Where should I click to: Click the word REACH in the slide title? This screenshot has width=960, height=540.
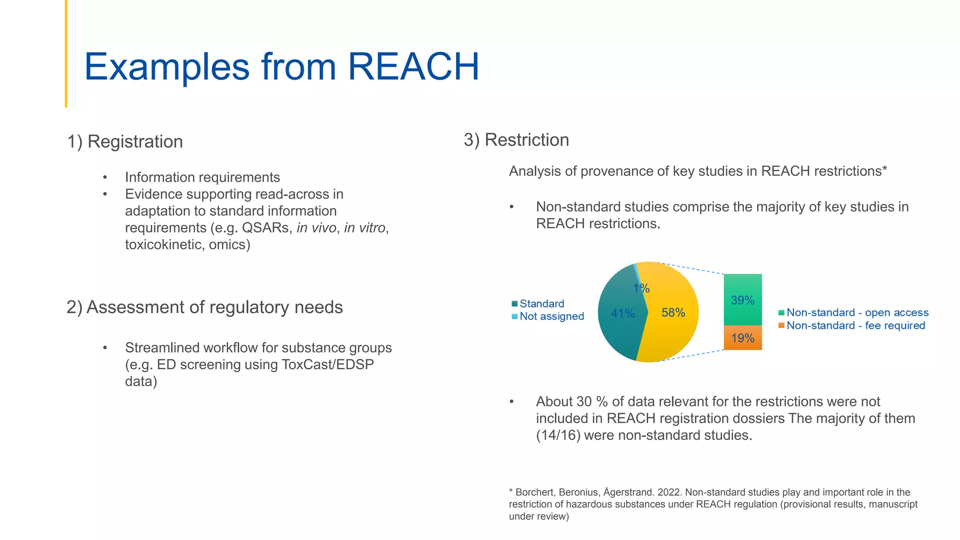click(413, 67)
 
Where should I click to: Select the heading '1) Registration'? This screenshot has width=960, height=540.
click(125, 142)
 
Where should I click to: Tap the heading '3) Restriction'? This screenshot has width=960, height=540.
click(516, 140)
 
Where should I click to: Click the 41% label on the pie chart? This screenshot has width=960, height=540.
click(622, 313)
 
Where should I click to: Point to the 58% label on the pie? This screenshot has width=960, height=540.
click(673, 313)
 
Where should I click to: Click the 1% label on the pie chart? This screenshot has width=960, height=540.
click(641, 288)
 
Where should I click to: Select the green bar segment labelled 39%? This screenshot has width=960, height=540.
click(742, 300)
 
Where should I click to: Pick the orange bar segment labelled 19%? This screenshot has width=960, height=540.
click(742, 338)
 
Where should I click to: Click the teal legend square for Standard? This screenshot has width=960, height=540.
click(515, 304)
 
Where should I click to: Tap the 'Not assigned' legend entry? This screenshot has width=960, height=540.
click(551, 316)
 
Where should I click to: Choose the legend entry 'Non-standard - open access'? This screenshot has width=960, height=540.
click(857, 313)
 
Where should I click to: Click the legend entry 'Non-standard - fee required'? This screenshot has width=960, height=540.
click(855, 326)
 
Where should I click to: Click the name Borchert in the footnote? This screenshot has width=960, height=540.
click(534, 492)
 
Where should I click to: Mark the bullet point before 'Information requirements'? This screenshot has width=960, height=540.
click(105, 178)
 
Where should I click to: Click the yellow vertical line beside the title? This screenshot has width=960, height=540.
click(66, 54)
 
